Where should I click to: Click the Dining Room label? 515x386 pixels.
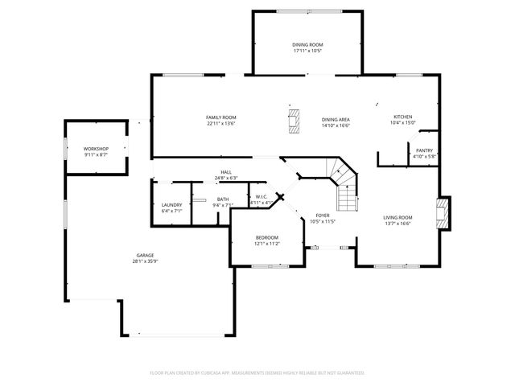[x=307, y=44]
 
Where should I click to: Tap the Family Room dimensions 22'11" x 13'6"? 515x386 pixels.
[x=221, y=125]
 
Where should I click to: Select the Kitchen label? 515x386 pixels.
[x=402, y=117]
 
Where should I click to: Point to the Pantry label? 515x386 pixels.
[x=424, y=150]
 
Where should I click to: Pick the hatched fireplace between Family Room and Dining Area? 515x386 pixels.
[x=295, y=121]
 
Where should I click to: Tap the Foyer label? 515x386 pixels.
[x=322, y=216]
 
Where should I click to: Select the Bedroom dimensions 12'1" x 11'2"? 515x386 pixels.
[x=267, y=244]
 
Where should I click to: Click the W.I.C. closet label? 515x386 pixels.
[x=262, y=196]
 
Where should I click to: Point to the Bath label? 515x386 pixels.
[x=222, y=199]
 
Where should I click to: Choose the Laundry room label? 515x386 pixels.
[x=171, y=204]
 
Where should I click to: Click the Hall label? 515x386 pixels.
[x=227, y=172]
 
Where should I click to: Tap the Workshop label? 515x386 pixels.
[x=96, y=149]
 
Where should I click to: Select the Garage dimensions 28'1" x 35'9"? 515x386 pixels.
[x=145, y=261]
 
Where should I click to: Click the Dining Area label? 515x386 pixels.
[x=336, y=118]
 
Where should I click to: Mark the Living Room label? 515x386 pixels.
[x=397, y=217]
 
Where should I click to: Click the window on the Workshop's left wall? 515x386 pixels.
[x=64, y=147]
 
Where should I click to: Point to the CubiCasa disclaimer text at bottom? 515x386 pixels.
[x=257, y=373]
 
